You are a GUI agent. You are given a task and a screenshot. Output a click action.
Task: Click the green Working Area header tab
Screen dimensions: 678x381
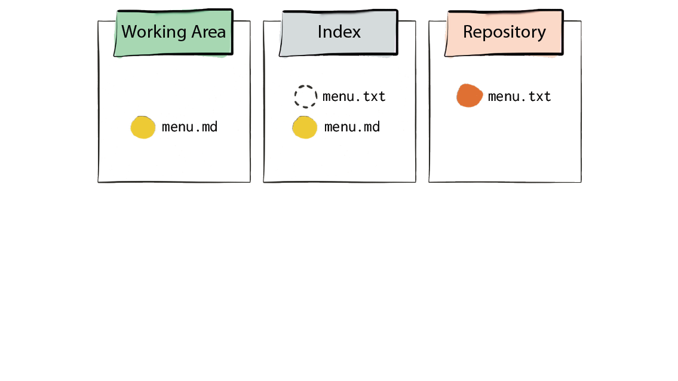tap(173, 32)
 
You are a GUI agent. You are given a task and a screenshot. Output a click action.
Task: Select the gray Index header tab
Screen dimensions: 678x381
tap(339, 32)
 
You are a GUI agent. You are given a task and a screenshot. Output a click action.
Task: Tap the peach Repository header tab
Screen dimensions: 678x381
tap(504, 32)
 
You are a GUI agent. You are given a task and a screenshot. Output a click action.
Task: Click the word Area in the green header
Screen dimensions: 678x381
tap(209, 32)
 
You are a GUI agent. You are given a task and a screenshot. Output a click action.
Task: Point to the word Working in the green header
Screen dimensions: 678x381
tap(154, 32)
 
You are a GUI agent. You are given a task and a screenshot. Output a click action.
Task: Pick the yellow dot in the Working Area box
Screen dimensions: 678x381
tap(143, 127)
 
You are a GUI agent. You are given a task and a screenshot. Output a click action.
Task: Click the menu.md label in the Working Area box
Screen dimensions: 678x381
tap(189, 127)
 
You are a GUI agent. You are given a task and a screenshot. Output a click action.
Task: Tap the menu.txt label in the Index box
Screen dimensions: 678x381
tap(354, 96)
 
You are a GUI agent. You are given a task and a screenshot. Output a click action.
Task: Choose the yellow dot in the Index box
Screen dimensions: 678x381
tap(305, 127)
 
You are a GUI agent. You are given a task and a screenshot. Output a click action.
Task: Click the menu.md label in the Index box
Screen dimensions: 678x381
tap(352, 127)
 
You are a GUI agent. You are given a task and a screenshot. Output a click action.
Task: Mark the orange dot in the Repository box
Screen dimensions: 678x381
tap(470, 96)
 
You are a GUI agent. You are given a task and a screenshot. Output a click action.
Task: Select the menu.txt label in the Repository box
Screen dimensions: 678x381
tap(519, 96)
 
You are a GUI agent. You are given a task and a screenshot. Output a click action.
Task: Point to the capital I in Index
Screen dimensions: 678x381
tap(320, 32)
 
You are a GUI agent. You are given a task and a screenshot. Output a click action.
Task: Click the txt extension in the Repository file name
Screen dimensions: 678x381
tap(539, 96)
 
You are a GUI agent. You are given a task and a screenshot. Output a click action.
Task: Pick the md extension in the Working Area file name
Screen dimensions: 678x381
tap(210, 127)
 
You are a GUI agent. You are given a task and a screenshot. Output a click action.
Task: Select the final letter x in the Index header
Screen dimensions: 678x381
tap(355, 33)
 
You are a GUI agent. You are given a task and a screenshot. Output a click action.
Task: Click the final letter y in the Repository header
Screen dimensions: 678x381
tap(541, 35)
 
